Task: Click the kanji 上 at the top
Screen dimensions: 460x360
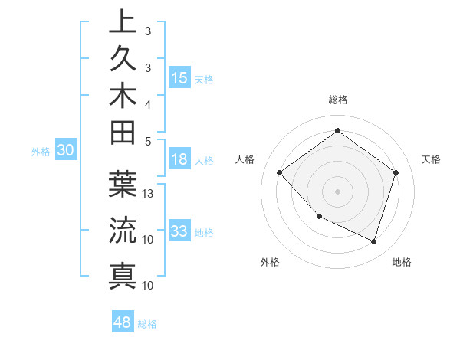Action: point(123,21)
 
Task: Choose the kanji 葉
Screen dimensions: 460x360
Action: point(123,185)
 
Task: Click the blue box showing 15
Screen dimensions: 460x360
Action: point(179,77)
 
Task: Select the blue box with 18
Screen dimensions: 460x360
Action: point(179,159)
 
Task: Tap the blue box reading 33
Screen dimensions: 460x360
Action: point(179,231)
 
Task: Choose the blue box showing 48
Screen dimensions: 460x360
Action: point(123,322)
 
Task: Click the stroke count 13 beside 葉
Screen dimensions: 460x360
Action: point(149,194)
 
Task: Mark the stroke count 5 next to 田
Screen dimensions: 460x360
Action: point(148,140)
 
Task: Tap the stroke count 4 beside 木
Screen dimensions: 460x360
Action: point(148,103)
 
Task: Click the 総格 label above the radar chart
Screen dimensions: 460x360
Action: point(337,100)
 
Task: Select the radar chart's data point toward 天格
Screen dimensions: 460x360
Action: point(396,173)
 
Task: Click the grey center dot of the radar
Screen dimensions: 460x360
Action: point(337,191)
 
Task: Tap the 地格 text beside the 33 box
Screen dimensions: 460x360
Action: point(205,233)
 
